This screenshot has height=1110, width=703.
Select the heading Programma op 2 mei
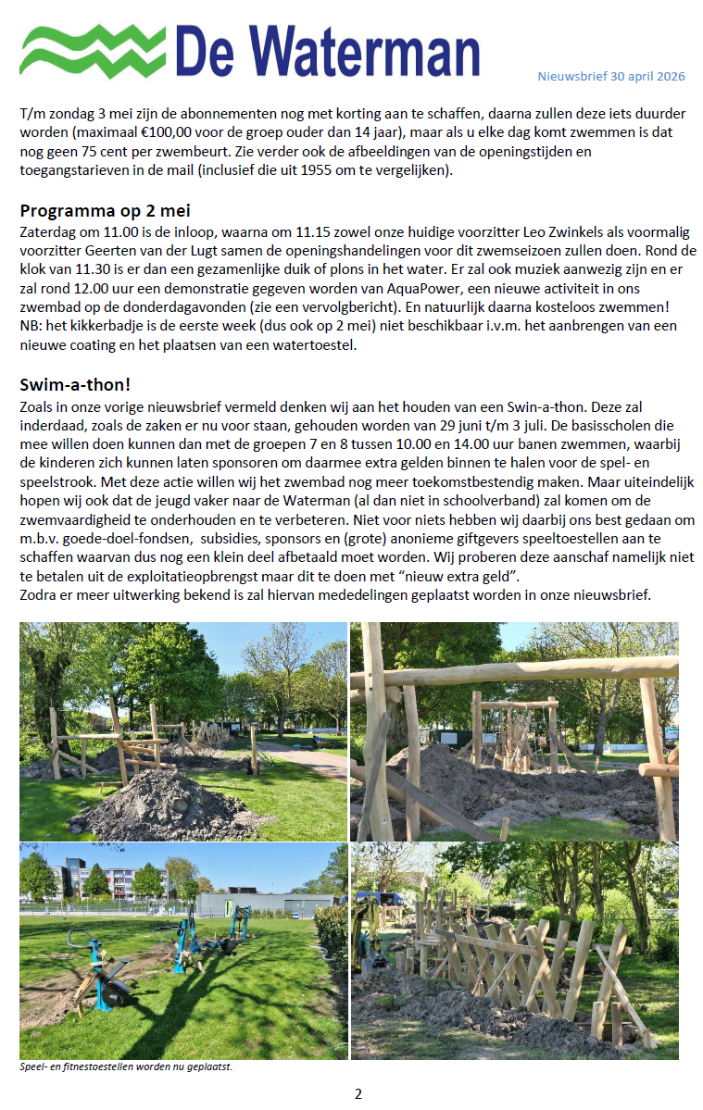tap(106, 209)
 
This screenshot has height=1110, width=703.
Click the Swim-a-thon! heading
tap(75, 384)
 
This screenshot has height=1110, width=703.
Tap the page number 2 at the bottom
tap(358, 1092)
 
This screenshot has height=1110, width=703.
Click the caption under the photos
tap(126, 1066)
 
